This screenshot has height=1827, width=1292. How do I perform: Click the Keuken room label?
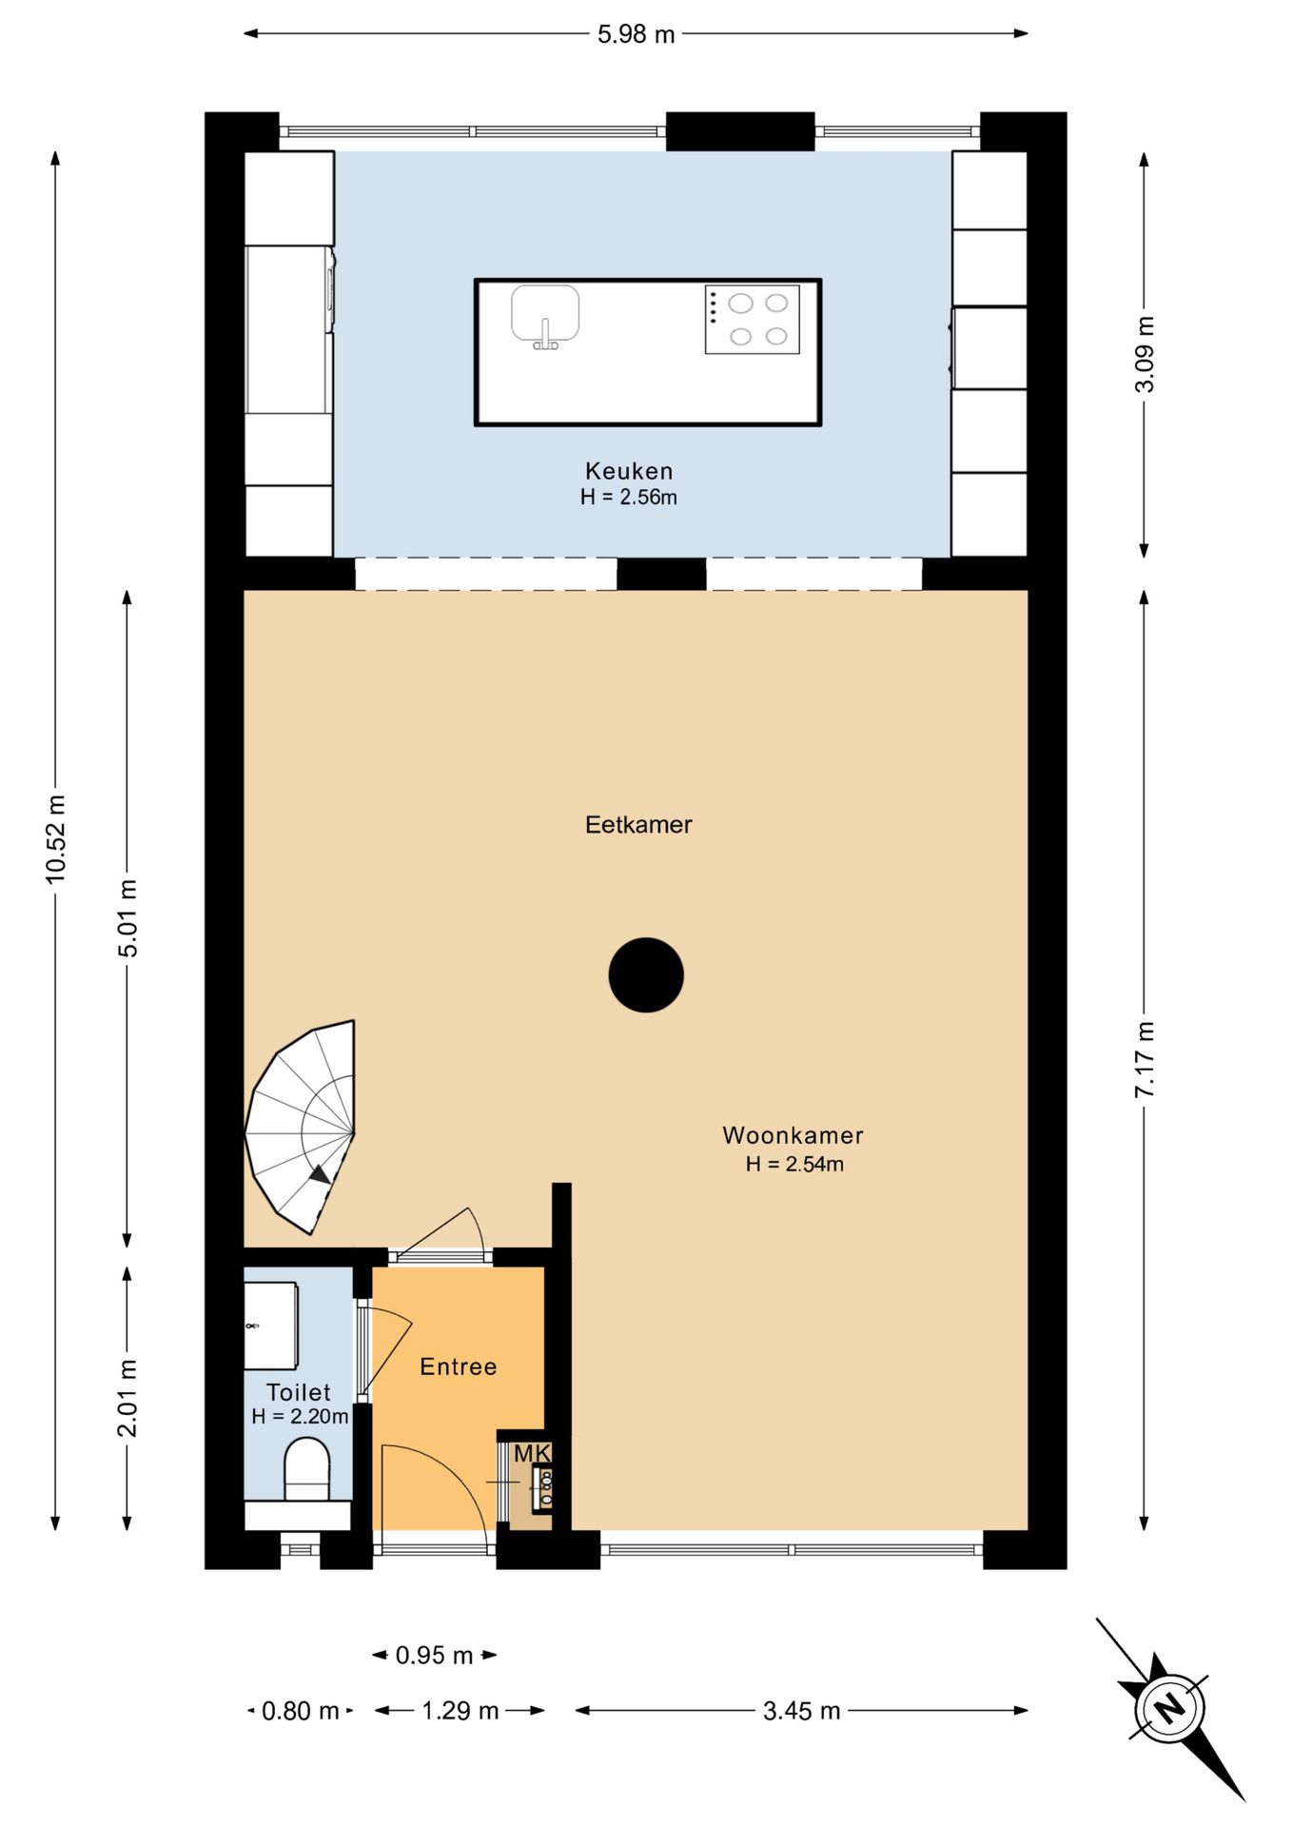(629, 471)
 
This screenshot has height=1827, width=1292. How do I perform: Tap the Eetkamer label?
(638, 825)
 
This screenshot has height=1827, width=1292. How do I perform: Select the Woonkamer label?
(793, 1135)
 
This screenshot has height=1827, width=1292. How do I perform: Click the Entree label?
(459, 1366)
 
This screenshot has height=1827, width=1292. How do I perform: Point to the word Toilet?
(299, 1392)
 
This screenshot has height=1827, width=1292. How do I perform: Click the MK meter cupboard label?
(533, 1454)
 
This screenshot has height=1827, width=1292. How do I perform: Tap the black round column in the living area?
(646, 975)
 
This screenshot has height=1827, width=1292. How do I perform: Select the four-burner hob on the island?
(753, 320)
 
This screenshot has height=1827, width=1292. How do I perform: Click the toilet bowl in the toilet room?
(307, 1469)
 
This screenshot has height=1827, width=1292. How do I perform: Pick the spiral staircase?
(301, 1129)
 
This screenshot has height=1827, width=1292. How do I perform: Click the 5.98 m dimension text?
(636, 34)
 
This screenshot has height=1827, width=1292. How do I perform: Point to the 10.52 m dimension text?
(56, 839)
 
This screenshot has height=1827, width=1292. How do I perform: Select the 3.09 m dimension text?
(1145, 355)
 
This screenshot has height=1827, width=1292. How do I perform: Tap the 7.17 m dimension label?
(1145, 1060)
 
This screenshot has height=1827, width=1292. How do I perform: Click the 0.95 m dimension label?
(435, 1656)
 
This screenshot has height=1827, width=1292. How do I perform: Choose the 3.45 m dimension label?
(802, 1711)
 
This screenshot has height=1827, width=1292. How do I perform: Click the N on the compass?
(1170, 1707)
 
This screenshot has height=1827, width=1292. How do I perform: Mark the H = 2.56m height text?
(629, 497)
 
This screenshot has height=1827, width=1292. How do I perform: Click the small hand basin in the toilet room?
(271, 1326)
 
